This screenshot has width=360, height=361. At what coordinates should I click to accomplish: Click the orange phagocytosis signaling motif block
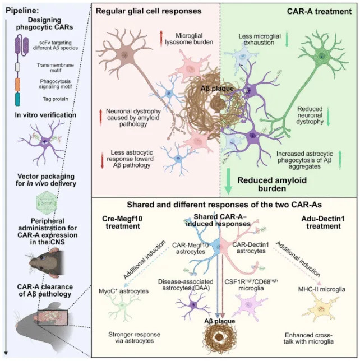pyautogui.click(x=17, y=82)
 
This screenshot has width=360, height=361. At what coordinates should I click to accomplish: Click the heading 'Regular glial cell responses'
pyautogui.click(x=146, y=11)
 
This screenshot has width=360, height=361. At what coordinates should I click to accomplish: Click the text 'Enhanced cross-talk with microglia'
pyautogui.click(x=310, y=338)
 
